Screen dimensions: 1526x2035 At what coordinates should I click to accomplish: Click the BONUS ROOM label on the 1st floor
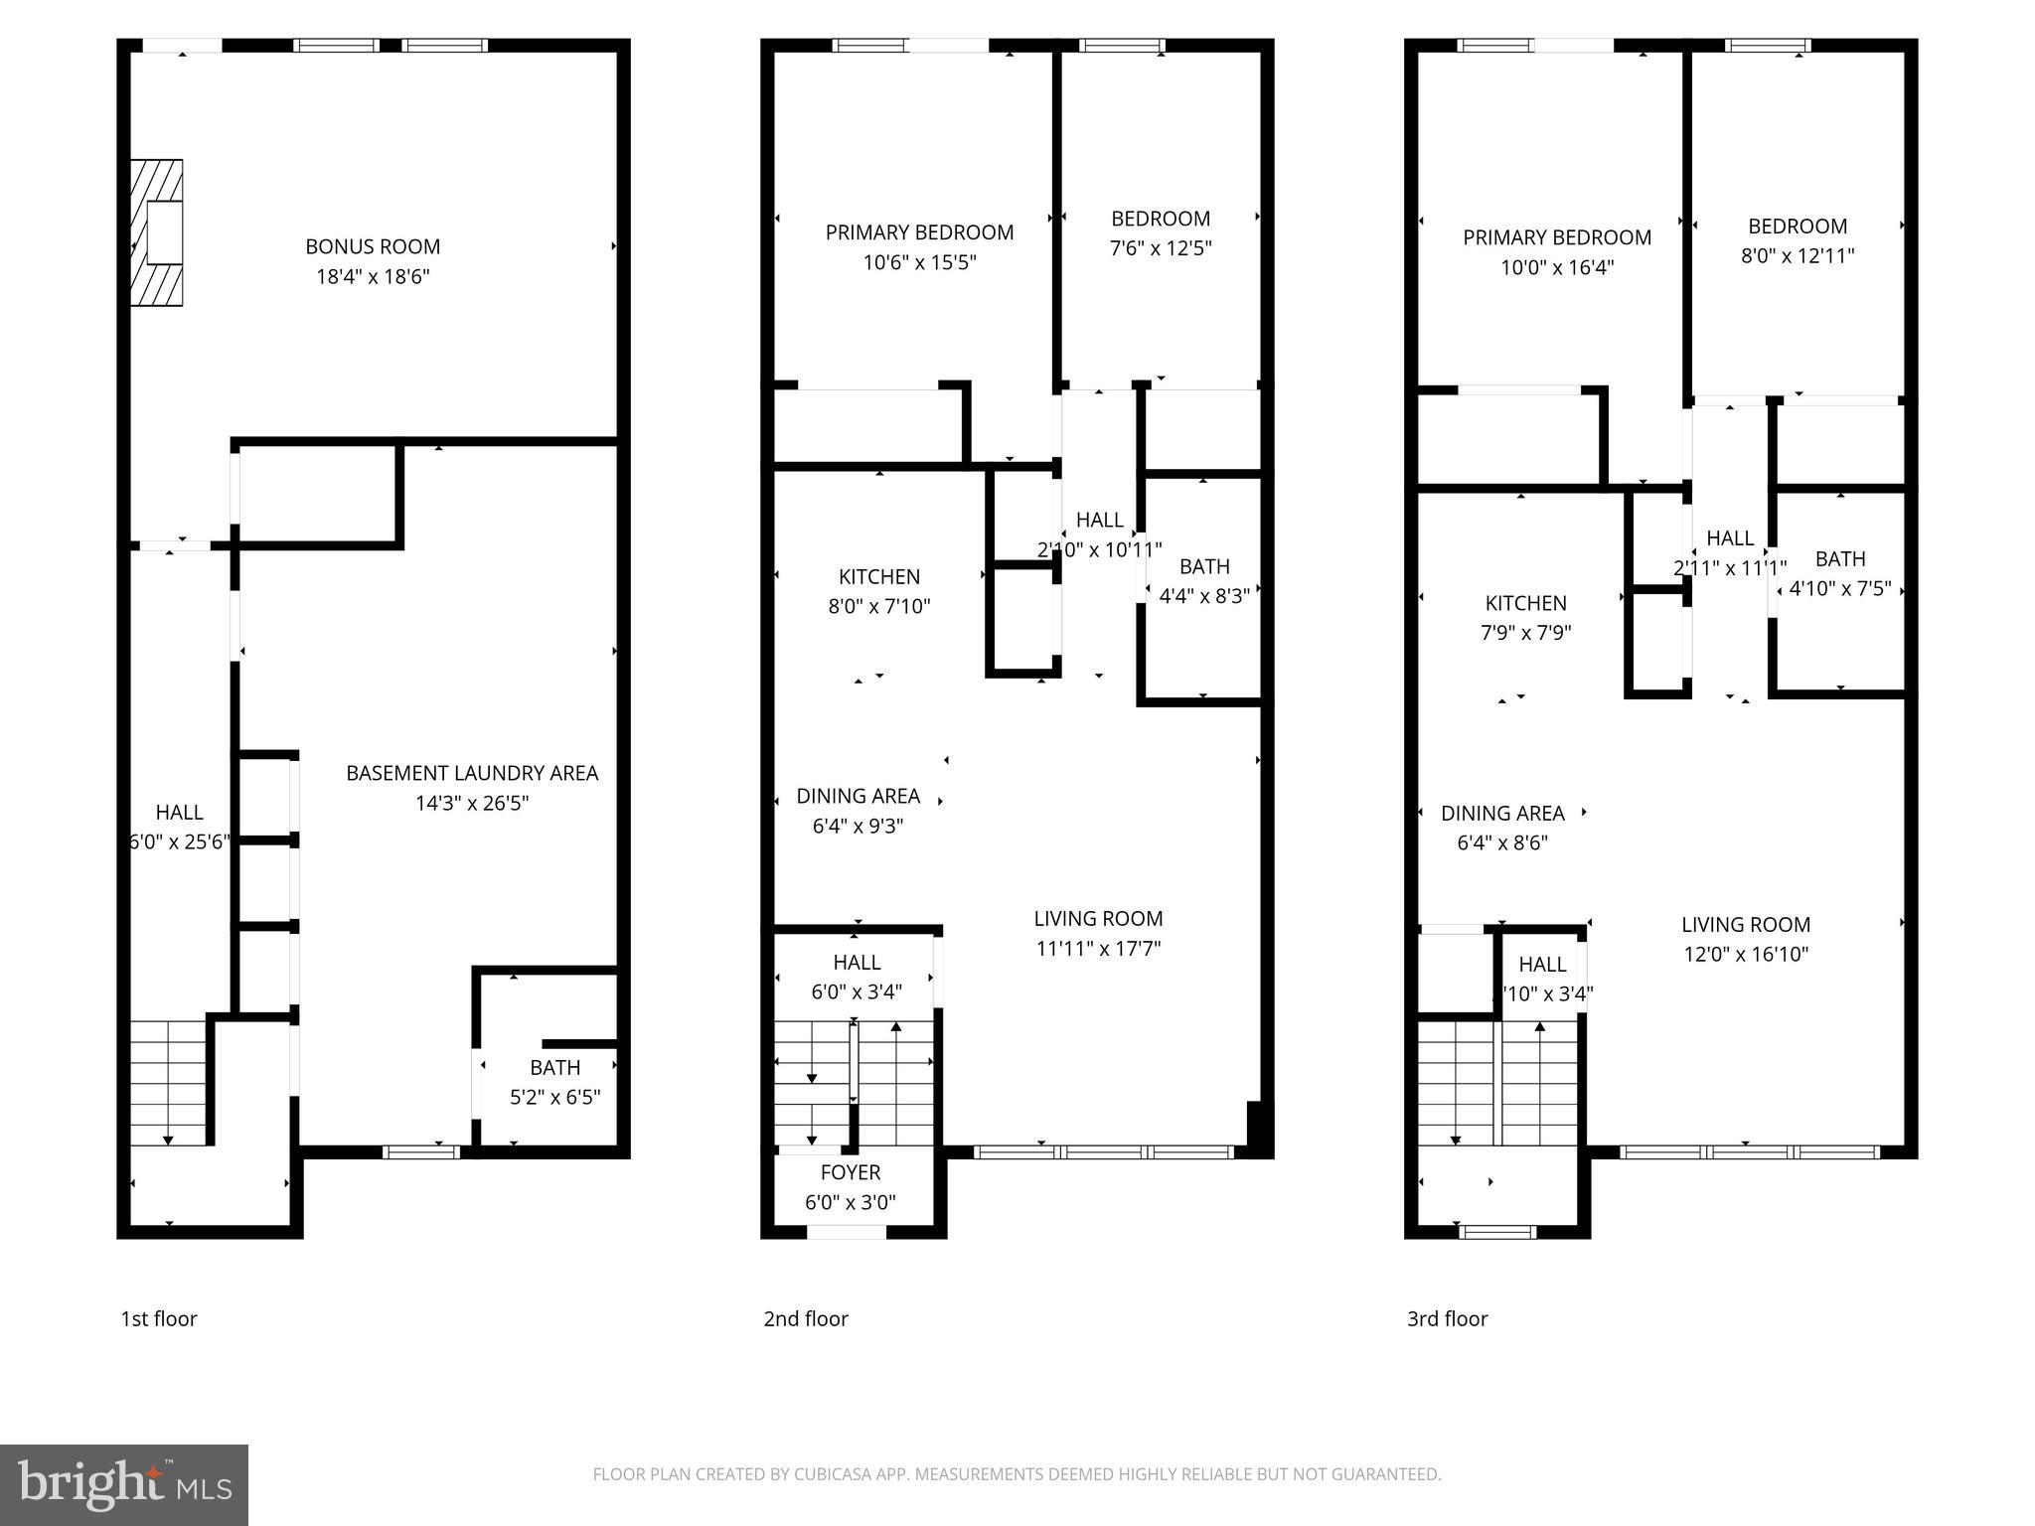pos(373,246)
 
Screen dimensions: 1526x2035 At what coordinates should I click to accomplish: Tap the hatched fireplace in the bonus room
pos(157,232)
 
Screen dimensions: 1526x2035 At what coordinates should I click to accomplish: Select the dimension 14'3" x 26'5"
pos(472,803)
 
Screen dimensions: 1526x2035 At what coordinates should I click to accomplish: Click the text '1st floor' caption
pos(159,1318)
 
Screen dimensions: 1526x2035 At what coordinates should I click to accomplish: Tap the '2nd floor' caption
pos(806,1318)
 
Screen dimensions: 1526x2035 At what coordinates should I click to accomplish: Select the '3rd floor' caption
pos(1447,1318)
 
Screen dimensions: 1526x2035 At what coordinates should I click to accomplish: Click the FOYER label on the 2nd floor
pos(851,1172)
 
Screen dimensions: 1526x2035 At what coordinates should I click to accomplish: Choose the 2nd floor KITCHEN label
pos(879,576)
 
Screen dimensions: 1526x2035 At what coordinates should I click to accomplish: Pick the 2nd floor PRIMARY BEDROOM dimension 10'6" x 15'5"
pos(919,262)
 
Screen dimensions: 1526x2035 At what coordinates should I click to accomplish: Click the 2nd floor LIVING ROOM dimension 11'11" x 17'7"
pos(1098,948)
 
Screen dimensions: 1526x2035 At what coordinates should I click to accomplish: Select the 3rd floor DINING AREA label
pos(1502,813)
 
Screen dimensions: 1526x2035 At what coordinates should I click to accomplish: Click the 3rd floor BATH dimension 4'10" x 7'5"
pos(1840,588)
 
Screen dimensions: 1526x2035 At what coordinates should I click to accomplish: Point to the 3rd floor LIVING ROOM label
pos(1746,924)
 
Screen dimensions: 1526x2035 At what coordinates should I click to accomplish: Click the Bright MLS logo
pos(124,1484)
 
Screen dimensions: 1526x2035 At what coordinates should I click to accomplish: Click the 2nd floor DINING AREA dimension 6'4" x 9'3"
pos(858,826)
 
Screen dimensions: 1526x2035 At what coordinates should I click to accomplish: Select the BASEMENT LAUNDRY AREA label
pos(472,773)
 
